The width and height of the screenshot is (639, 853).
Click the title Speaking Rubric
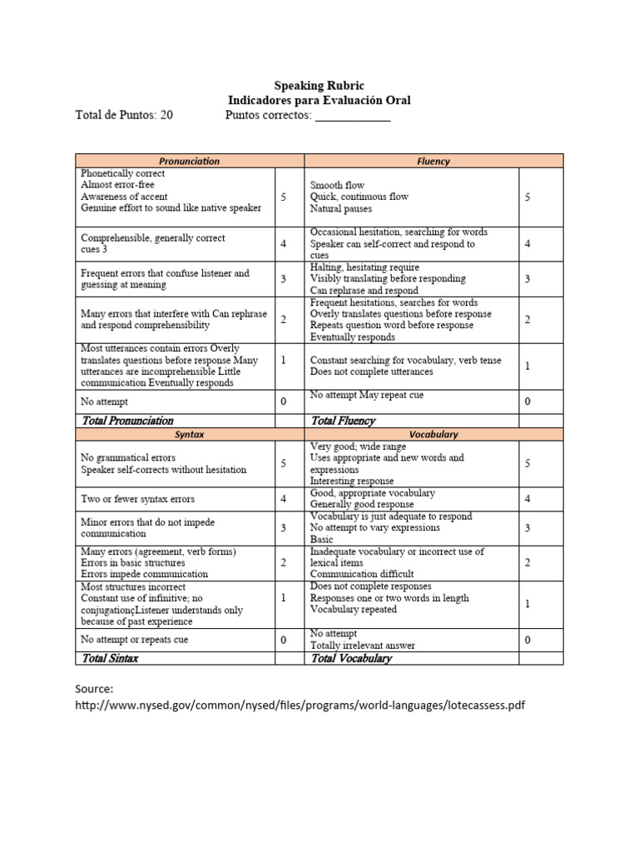pos(319,86)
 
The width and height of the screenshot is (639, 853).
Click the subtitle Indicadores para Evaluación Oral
pos(319,100)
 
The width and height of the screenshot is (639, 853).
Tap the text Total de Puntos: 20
pos(124,115)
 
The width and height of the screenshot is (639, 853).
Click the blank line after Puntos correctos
pos(352,116)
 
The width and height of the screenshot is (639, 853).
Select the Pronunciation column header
pos(189,161)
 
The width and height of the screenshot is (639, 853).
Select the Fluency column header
pos(433,161)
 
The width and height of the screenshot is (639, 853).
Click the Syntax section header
pos(189,435)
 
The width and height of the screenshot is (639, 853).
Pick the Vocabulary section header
pos(433,435)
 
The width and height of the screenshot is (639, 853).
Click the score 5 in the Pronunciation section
pos(284,197)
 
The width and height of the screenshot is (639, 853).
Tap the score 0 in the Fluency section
pos(527,402)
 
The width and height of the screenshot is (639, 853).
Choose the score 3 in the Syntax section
pos(284,528)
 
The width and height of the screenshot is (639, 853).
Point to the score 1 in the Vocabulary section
pos(527,604)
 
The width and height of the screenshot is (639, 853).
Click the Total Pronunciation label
pos(127,421)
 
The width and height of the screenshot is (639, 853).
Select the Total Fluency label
pos(343,421)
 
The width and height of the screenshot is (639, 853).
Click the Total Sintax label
pos(111,658)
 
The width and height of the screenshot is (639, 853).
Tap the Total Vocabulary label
pos(350,658)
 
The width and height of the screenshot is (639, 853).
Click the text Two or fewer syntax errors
pos(137,499)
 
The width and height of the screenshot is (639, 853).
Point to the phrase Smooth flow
pos(337,185)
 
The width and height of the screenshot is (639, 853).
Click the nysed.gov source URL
pos(300,706)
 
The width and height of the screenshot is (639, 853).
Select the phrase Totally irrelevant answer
pos(362,646)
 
